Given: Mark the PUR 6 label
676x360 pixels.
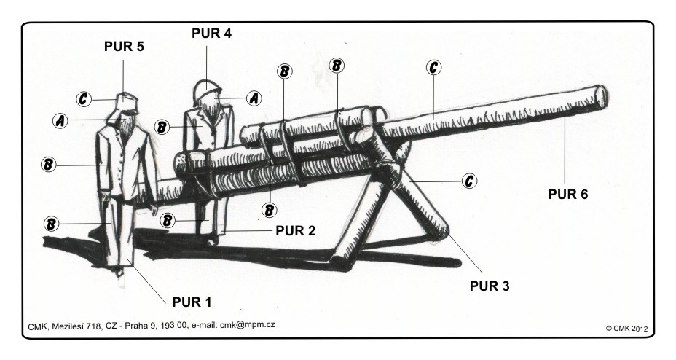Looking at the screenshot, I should click(x=568, y=195).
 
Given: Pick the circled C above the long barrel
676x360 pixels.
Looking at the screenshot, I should click(x=433, y=68).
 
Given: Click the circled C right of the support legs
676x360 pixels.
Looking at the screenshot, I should click(x=471, y=180).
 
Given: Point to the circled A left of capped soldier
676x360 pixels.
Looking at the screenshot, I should click(x=60, y=120).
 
